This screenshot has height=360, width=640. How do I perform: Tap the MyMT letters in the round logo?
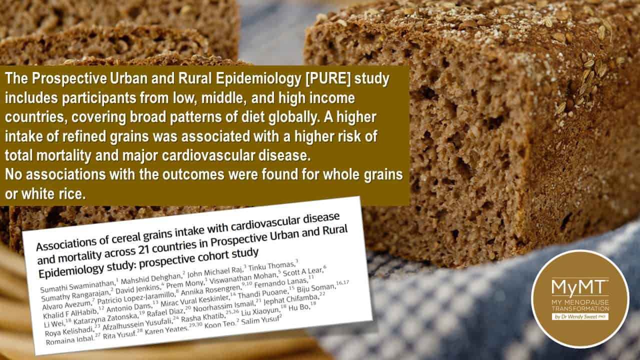(579, 287)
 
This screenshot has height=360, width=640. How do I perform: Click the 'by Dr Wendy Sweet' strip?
(580, 316)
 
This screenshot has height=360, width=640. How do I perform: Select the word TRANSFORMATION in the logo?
(580, 308)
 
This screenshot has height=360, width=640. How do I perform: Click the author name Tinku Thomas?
(271, 267)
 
